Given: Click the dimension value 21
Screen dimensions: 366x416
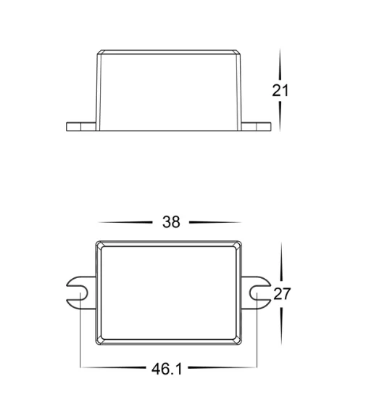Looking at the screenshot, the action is (x=280, y=90).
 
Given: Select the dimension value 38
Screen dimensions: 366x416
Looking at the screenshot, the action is (x=171, y=222).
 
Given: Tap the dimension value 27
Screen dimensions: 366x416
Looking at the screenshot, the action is (x=282, y=294).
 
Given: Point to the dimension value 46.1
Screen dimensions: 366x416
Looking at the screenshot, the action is (x=167, y=369).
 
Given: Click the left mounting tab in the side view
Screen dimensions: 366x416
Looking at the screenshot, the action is (x=81, y=126).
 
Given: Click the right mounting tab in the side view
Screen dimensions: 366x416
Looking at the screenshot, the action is (x=256, y=126).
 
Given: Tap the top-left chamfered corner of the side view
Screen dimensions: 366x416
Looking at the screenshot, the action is (x=99, y=52).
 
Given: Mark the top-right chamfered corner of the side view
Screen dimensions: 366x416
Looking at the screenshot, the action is (x=238, y=52).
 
